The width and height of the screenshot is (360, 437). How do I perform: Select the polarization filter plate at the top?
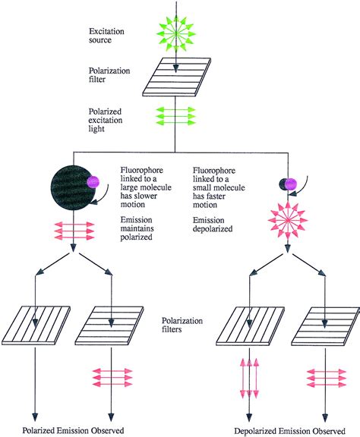[x=175, y=77]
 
